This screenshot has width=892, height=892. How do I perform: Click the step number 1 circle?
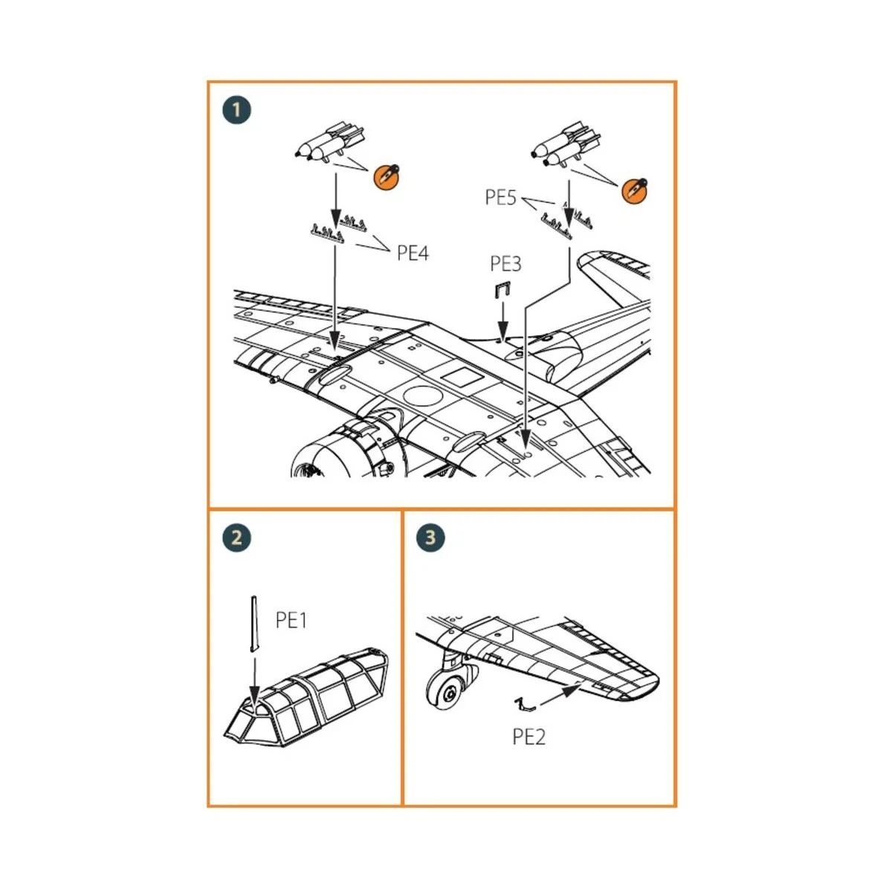[236, 110]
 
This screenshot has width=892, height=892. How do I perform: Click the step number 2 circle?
[236, 537]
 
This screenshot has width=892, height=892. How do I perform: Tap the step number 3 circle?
[430, 537]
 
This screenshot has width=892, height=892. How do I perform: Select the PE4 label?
[413, 253]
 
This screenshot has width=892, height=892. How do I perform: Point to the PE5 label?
[500, 198]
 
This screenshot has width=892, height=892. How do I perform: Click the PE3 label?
[505, 264]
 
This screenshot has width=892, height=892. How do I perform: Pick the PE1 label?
[291, 620]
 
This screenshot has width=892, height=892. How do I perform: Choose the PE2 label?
[529, 737]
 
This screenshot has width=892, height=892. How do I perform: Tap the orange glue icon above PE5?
[634, 190]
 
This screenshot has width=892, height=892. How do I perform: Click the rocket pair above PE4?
[331, 142]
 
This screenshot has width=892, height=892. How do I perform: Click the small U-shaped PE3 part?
[502, 291]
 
